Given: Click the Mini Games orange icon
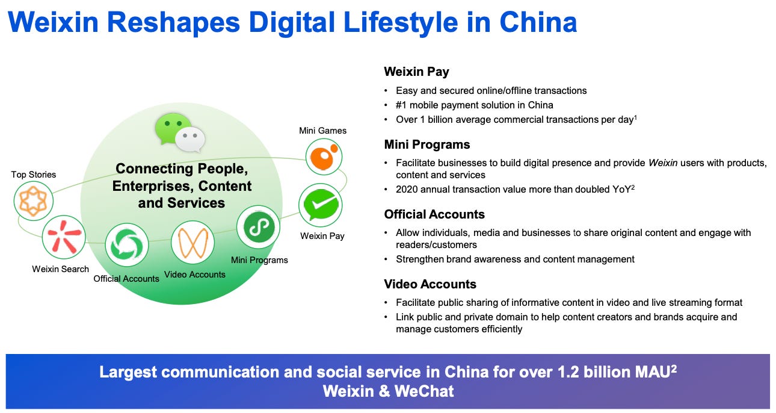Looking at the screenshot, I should [x=324, y=157].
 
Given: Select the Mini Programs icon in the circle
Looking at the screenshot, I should [x=258, y=227].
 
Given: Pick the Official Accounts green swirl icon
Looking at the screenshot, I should [x=127, y=245].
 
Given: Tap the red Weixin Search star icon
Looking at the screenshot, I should [x=63, y=237].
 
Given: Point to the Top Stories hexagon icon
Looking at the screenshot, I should [x=33, y=202].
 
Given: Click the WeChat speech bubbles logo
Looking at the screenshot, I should [x=180, y=133].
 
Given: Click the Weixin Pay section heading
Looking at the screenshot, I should [x=416, y=72].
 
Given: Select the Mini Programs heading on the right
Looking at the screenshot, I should [x=427, y=144].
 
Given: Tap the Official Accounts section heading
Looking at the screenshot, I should [x=434, y=214].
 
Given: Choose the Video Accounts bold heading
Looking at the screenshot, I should [x=430, y=284].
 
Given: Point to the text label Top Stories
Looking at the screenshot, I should [x=34, y=175].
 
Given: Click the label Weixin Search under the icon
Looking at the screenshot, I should [x=61, y=269].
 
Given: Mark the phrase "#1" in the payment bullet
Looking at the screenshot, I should [x=402, y=105].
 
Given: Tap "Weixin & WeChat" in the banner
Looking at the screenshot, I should [x=388, y=391].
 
